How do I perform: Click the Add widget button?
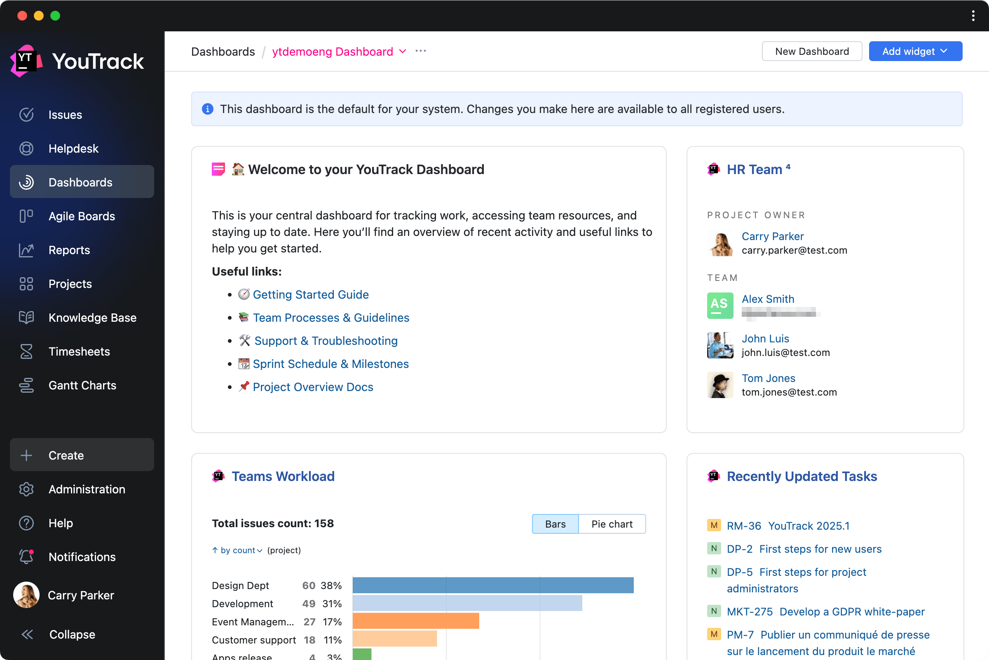tap(915, 51)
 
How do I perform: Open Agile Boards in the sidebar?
tap(82, 216)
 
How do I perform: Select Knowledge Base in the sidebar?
tap(92, 318)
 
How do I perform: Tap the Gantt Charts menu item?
tap(82, 386)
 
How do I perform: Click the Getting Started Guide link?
tap(310, 295)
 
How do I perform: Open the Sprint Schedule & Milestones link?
tap(330, 364)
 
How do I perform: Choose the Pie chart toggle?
tap(612, 524)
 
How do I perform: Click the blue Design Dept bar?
tap(493, 585)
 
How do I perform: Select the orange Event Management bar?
tap(415, 621)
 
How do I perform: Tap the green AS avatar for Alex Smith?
tap(720, 306)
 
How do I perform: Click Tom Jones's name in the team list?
tap(768, 378)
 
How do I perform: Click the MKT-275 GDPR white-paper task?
tap(825, 612)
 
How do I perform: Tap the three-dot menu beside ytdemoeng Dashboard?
tap(420, 51)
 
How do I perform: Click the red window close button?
tap(22, 16)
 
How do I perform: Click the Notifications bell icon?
tap(26, 557)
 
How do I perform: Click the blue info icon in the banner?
tap(208, 109)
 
